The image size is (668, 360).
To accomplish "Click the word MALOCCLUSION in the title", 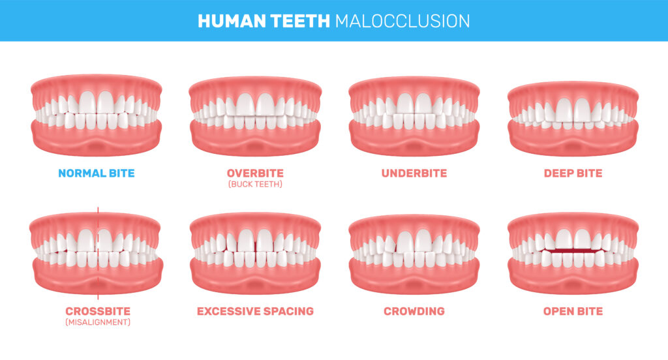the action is [402, 21].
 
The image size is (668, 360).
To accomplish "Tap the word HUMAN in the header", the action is [232, 21].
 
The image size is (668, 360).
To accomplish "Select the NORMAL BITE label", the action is [97, 173].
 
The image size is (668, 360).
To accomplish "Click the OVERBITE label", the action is [255, 173].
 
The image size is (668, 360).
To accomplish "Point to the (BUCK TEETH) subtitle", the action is [255, 184].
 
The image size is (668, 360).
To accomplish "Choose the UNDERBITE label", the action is [414, 173].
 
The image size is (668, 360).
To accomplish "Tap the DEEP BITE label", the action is [573, 173].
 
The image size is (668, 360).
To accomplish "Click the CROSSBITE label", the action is [98, 311].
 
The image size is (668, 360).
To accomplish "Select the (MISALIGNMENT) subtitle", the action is [98, 322].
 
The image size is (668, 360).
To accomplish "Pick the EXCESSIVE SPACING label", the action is [255, 311].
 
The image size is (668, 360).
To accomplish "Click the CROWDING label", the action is [414, 311].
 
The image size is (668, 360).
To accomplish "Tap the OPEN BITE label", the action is [573, 311].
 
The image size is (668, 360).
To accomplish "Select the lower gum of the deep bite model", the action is [573, 141].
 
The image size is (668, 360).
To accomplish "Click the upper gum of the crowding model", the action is [414, 225].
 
